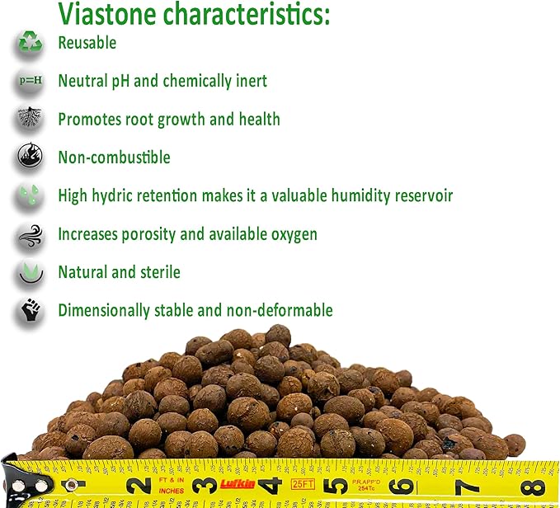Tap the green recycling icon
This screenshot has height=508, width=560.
click(30, 43)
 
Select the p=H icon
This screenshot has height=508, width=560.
click(30, 81)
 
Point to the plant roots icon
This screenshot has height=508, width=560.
click(30, 119)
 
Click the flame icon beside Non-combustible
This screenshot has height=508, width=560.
click(30, 157)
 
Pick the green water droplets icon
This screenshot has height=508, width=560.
click(30, 195)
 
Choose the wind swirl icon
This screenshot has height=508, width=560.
click(30, 234)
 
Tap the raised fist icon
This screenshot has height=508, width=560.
click(30, 310)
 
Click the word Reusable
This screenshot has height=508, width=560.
click(87, 43)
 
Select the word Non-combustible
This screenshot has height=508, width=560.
click(114, 157)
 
